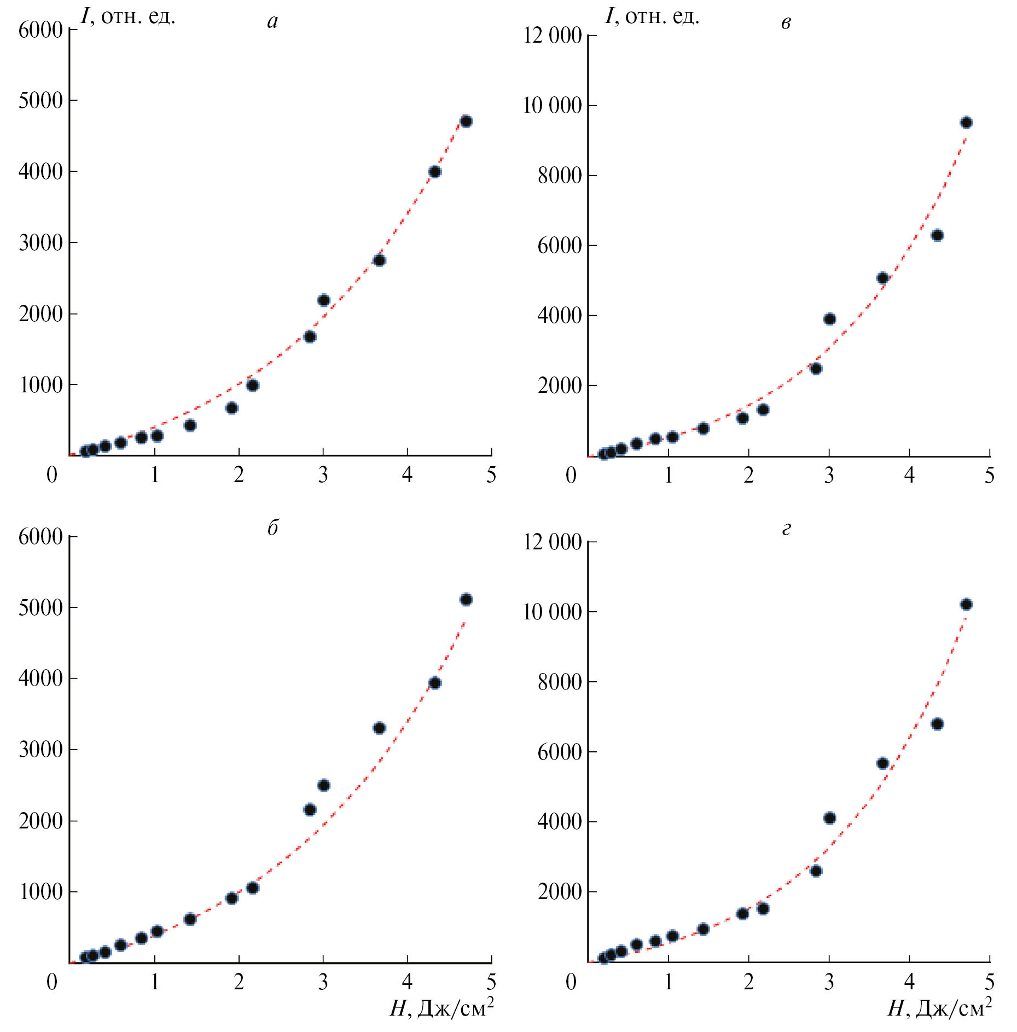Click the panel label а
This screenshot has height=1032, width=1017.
click(x=272, y=21)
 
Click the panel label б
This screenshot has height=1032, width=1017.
click(x=272, y=527)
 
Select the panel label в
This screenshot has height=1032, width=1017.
click(x=786, y=22)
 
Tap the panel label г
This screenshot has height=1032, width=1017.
click(x=786, y=529)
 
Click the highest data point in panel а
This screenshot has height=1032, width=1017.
click(x=466, y=121)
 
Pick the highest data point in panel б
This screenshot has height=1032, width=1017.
click(x=466, y=600)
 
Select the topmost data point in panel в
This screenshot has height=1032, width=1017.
click(x=966, y=123)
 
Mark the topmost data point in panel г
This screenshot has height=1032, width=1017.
click(x=966, y=605)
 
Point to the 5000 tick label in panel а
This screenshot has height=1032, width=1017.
click(x=40, y=101)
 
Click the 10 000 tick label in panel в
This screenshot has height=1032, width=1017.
click(x=552, y=106)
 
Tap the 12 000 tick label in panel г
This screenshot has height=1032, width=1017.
click(x=552, y=542)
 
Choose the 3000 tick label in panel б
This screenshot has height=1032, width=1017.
click(x=40, y=750)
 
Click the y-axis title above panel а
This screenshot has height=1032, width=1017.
click(x=128, y=16)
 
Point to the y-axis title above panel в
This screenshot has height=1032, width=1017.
click(x=652, y=16)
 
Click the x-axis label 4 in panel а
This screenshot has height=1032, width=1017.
click(x=407, y=475)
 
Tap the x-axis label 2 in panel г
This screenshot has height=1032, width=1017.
click(x=748, y=982)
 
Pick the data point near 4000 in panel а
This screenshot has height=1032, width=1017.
click(x=435, y=172)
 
